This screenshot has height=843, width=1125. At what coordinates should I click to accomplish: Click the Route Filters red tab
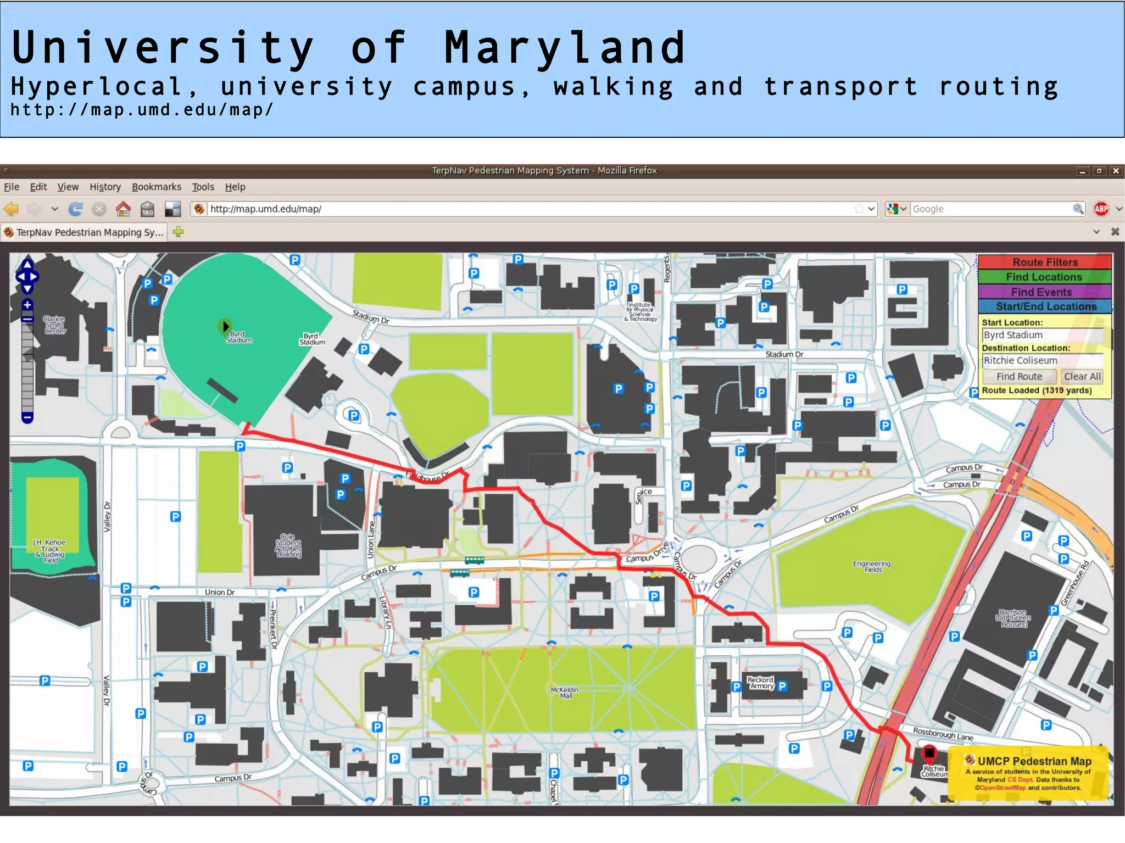1044,262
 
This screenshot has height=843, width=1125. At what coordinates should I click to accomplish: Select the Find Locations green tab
1044,277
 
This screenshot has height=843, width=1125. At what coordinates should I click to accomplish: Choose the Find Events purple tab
1044,292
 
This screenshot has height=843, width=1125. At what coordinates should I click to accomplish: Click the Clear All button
1082,376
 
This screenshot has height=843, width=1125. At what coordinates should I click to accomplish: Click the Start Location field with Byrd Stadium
1042,335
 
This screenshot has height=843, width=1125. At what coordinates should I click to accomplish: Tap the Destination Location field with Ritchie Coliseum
1042,360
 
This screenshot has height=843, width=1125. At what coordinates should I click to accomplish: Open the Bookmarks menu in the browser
156,187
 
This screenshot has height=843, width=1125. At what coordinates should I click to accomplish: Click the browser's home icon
123,209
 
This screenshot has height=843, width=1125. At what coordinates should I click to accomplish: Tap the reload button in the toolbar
75,209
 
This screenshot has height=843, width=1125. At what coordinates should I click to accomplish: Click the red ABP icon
1101,209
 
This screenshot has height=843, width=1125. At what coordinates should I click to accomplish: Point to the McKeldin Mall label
564,693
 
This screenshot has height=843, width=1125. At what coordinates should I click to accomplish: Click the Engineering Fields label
872,567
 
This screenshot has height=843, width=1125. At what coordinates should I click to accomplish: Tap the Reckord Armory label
761,683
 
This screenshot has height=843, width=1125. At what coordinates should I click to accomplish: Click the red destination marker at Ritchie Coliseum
928,753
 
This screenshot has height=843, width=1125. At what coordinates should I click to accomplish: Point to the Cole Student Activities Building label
288,545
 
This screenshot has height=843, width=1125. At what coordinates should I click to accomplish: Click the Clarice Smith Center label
55,325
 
